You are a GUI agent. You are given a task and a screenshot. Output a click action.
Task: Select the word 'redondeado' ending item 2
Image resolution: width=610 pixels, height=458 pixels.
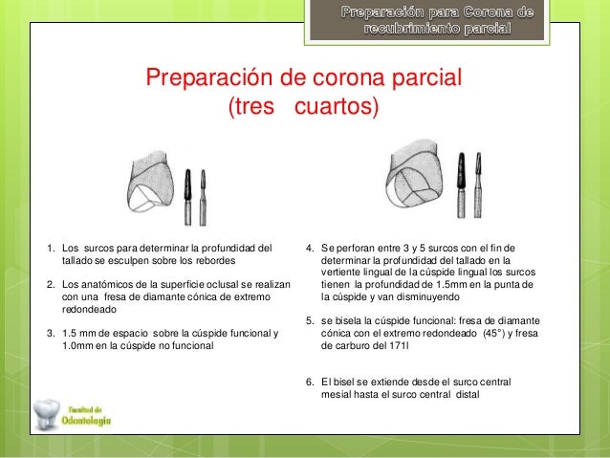coord(92,310)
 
